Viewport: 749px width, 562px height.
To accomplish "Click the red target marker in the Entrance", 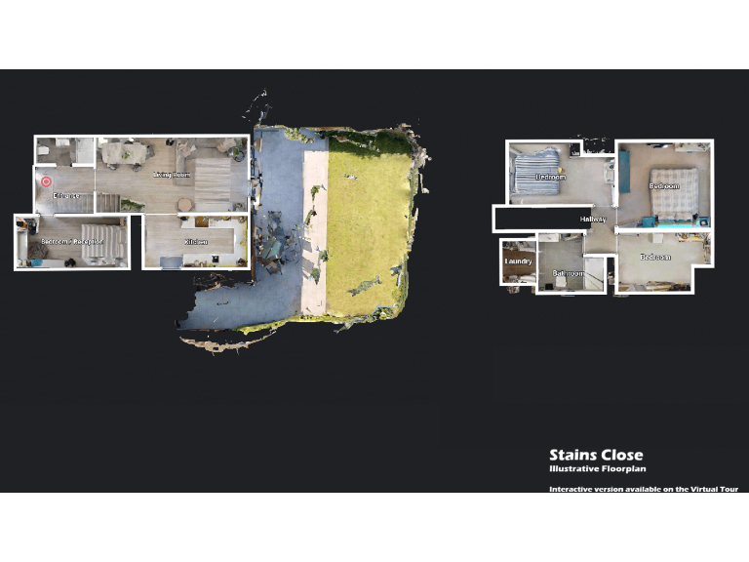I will pos(46,181).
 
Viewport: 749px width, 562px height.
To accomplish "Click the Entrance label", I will pos(67,197).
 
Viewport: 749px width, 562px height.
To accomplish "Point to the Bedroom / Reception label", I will pos(69,241).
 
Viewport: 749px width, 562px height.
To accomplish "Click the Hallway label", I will pos(593,220).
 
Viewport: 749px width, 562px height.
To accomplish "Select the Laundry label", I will pos(517,261).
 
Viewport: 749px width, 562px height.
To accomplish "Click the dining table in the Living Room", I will pos(125,153).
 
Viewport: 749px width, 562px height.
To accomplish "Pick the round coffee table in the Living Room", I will pos(184,204).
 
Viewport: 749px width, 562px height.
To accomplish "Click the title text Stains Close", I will pos(596,455).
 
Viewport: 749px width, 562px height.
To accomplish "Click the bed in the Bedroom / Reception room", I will pos(102,244).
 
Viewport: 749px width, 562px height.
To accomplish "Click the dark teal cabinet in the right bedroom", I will pos(623,172).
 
